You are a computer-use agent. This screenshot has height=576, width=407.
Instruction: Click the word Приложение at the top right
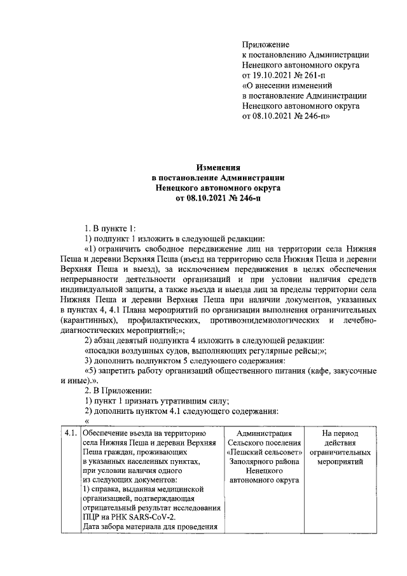[x=266, y=45]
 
